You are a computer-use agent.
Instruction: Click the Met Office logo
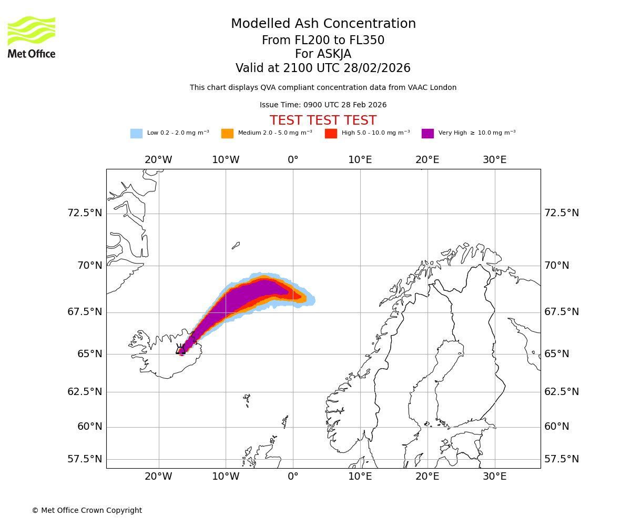click(32, 37)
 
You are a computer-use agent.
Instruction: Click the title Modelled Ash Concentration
click(323, 24)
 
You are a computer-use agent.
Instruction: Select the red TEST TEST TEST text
click(323, 120)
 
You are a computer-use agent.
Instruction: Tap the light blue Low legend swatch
click(136, 134)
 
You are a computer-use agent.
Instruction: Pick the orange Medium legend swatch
click(227, 134)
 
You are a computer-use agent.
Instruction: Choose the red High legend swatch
click(331, 134)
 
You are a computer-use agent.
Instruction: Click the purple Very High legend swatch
click(428, 134)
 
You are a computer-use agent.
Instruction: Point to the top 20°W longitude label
click(158, 160)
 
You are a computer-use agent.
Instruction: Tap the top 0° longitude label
click(293, 160)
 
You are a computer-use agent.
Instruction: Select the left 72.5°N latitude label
click(85, 213)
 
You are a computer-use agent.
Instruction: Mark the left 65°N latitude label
click(89, 353)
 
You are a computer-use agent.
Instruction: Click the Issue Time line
click(323, 105)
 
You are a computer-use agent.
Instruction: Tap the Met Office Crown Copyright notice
click(87, 510)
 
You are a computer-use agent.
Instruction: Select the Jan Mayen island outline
click(236, 245)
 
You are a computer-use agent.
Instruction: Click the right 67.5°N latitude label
click(561, 312)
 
